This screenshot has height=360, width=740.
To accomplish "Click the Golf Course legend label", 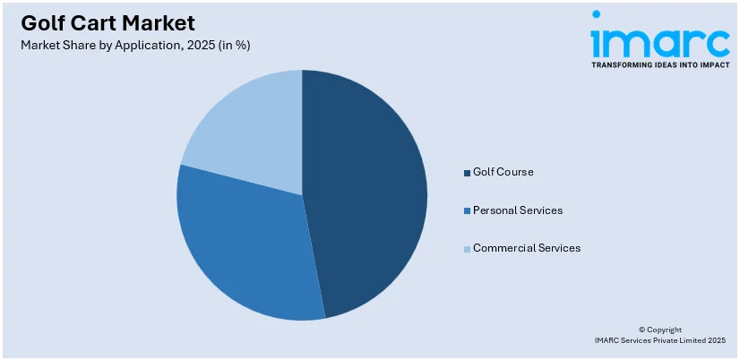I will point(503,172).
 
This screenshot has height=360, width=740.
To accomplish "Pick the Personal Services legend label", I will point(518,210).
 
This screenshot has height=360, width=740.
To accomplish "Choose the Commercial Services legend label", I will point(527,248).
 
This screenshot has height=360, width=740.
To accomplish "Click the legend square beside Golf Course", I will point(467,172).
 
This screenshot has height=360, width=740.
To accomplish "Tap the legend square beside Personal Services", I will point(467,210).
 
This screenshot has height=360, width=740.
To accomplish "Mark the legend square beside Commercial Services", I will point(467,248).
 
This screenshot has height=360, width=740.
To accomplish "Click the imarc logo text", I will point(660,41).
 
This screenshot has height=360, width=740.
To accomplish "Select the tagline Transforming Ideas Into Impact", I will point(660,64).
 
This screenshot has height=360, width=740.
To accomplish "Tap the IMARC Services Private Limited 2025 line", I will point(660,340).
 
